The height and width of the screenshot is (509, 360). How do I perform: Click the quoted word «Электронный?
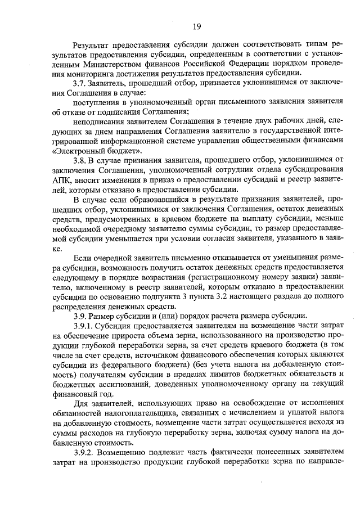pos(77,151)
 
